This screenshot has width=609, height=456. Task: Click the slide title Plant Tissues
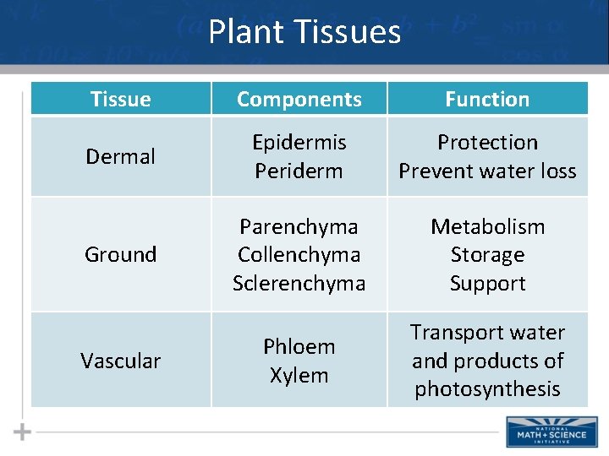[x=304, y=32]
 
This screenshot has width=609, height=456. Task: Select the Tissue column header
[x=121, y=99]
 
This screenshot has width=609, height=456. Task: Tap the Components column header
[x=299, y=99]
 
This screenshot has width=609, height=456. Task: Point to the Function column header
[x=487, y=99]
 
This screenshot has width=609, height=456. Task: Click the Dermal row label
[x=121, y=156]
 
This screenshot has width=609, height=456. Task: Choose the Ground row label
[x=121, y=254]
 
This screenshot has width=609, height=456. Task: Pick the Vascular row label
[x=121, y=361]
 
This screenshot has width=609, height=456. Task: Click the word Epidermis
[x=299, y=142]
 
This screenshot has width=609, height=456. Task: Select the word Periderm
[x=299, y=171]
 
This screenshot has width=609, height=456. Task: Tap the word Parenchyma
[x=299, y=226]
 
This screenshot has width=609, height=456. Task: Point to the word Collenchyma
[x=299, y=254]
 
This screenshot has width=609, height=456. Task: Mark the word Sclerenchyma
[x=299, y=283]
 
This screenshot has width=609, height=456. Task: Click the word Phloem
[x=299, y=346]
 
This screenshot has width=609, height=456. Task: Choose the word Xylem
[x=299, y=375]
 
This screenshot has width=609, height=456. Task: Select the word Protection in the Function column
[x=487, y=142]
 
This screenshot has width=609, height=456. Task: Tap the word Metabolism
[x=487, y=226]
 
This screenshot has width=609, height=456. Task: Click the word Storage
[x=487, y=254]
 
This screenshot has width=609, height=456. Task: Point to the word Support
[x=487, y=283]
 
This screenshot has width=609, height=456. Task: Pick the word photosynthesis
[x=487, y=388]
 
